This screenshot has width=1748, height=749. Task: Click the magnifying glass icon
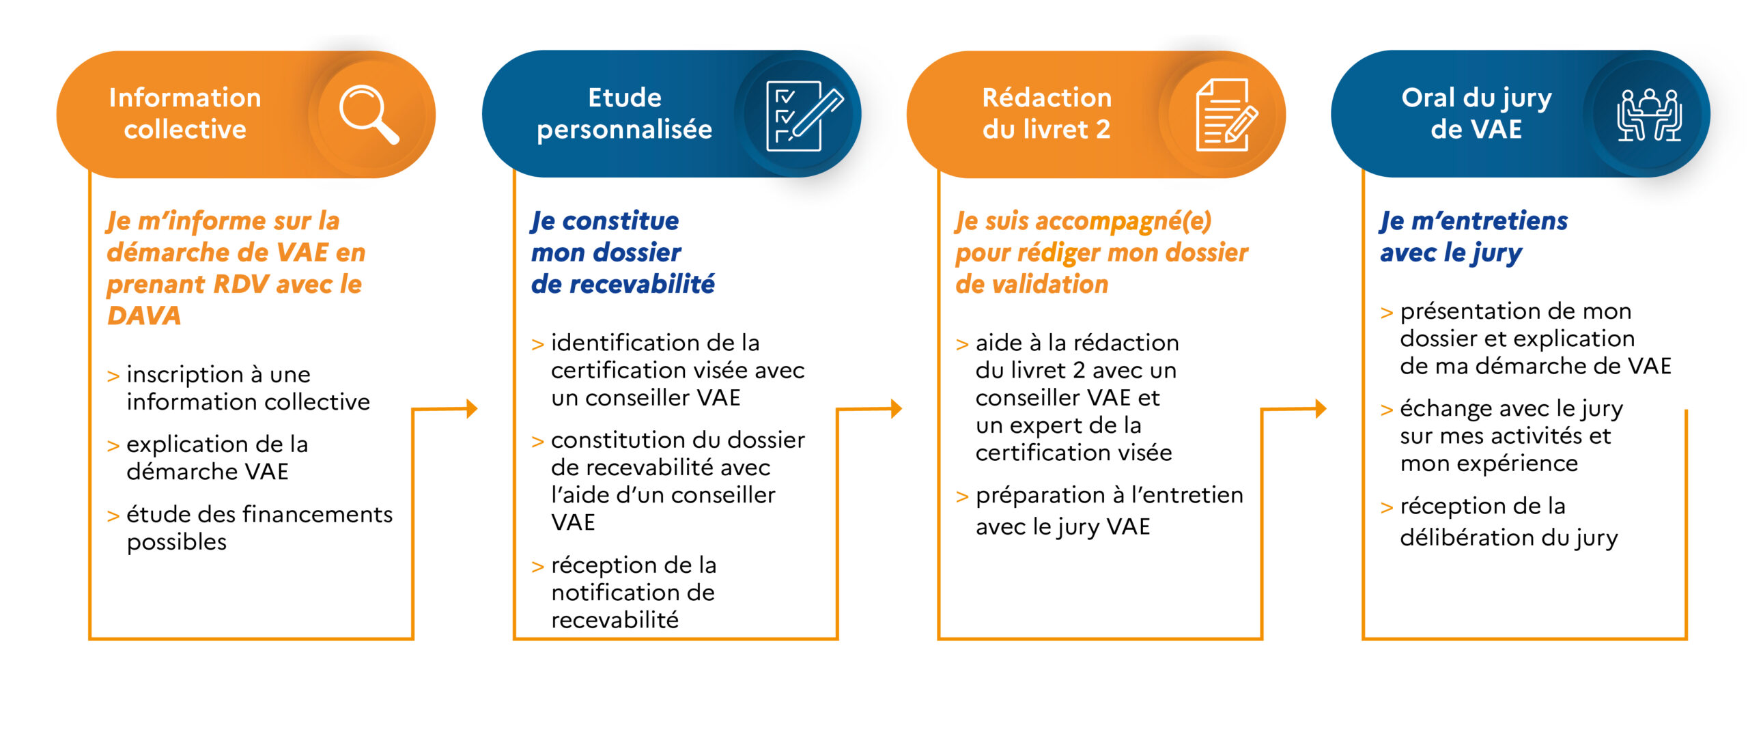(x=369, y=114)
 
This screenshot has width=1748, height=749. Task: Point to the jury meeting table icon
(x=1649, y=115)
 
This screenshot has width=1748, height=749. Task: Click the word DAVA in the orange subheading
(x=144, y=315)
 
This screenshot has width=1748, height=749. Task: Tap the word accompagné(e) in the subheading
(x=1123, y=221)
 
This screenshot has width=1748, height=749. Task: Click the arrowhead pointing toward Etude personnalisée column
(x=472, y=409)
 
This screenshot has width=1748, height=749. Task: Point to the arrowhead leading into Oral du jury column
(x=1321, y=409)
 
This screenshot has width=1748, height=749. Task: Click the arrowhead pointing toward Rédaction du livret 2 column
(x=897, y=409)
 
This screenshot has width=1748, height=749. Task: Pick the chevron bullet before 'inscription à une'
(x=113, y=376)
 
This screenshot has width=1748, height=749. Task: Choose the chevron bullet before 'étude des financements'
(x=113, y=516)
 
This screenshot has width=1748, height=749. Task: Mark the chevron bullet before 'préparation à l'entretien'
(x=963, y=497)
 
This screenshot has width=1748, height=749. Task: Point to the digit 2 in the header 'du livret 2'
(x=1103, y=129)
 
